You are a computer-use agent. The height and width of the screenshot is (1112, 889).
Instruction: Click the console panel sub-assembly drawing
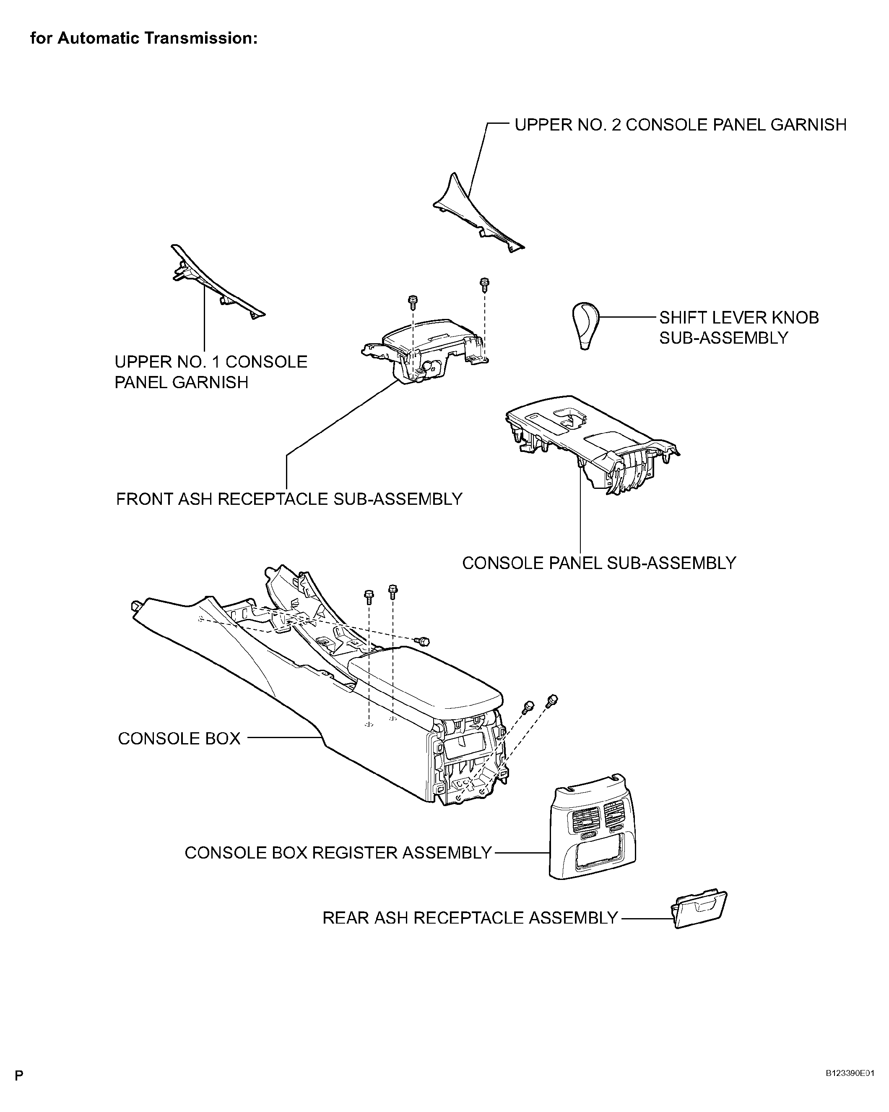(x=593, y=439)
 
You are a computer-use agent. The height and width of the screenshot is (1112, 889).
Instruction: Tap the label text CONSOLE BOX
(x=179, y=739)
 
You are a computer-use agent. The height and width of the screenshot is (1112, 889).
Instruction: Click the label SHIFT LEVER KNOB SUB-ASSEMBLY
(x=738, y=327)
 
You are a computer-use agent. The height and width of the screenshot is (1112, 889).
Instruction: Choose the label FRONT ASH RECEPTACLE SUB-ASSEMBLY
(x=289, y=499)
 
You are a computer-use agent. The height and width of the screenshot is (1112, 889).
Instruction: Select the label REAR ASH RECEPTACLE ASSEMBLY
(x=470, y=918)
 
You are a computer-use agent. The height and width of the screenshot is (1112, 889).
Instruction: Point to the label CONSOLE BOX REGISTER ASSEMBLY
(x=338, y=853)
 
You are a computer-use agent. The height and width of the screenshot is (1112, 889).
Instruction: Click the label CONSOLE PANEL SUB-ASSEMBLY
(x=599, y=563)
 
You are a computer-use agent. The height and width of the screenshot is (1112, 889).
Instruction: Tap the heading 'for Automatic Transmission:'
(x=144, y=38)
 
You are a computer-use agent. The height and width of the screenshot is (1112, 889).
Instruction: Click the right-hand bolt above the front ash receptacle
(x=484, y=283)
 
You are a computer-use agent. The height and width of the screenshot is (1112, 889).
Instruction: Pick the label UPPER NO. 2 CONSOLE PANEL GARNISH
(x=680, y=124)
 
